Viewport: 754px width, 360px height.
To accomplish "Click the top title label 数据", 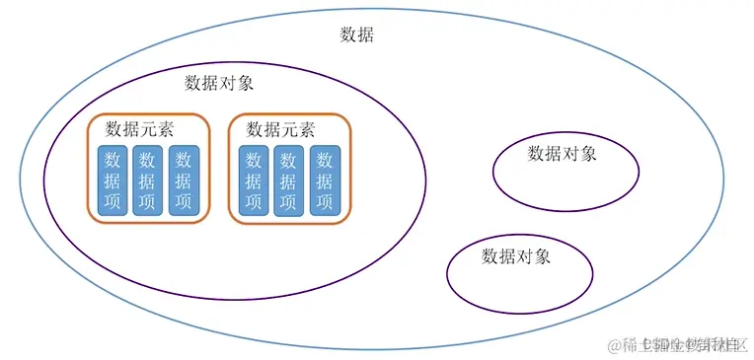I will (x=356, y=36).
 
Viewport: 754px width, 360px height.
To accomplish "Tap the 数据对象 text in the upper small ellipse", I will (x=562, y=153).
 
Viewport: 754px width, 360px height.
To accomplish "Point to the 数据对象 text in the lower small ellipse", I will (x=515, y=256).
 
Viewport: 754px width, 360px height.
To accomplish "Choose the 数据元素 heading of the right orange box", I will (x=280, y=129).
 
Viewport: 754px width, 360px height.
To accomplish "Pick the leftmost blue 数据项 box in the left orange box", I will (x=112, y=180).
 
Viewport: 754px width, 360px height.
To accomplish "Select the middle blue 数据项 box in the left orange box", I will (x=147, y=180).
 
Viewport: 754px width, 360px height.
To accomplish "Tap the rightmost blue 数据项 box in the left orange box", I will (x=183, y=180).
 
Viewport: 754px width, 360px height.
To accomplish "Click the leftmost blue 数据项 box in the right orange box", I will (x=254, y=180).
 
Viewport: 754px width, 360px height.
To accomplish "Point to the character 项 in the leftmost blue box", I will (x=112, y=202).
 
